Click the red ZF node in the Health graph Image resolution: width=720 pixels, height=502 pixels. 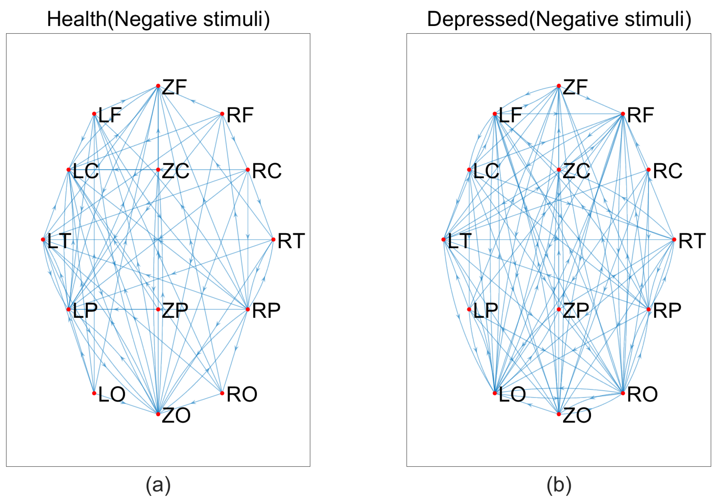pos(158,86)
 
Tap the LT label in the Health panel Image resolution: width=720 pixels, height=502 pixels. pos(59,241)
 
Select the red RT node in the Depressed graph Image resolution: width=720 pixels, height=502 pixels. pos(674,239)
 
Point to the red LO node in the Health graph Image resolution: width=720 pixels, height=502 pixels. pos(94,393)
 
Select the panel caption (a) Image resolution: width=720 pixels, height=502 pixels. pos(158,485)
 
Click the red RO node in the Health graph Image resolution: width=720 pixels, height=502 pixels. pos(222,393)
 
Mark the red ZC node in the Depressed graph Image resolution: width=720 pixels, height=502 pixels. pos(559,170)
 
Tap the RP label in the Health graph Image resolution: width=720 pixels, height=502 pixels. pos(266,310)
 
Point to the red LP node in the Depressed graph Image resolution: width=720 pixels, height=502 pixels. pos(469,309)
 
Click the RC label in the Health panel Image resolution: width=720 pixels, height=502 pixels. pos(267,171)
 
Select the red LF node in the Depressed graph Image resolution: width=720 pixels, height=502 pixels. pos(495,114)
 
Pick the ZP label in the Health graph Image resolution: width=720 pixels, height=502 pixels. pos(175,310)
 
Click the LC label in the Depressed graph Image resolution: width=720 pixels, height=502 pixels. pos(486,171)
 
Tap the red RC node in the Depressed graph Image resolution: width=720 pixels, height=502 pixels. pos(649,170)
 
